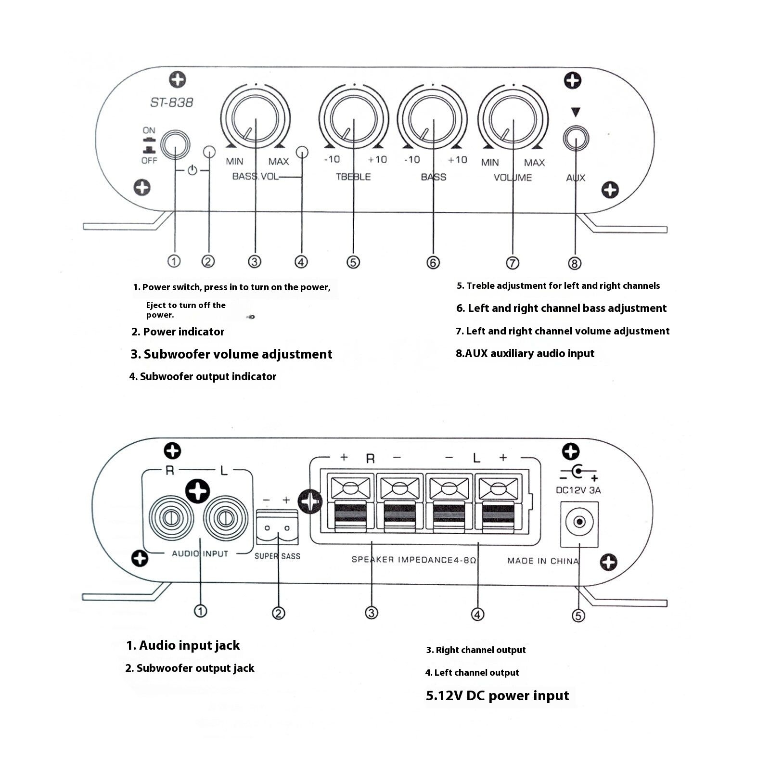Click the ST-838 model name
171,103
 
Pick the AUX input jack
576,139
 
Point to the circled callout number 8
575,263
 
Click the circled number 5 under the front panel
353,262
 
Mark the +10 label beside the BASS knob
457,160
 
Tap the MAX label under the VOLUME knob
534,163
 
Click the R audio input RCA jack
171,519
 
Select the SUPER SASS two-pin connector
277,528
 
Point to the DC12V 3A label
578,490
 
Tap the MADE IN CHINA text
543,561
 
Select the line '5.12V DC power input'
497,695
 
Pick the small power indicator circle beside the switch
209,152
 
